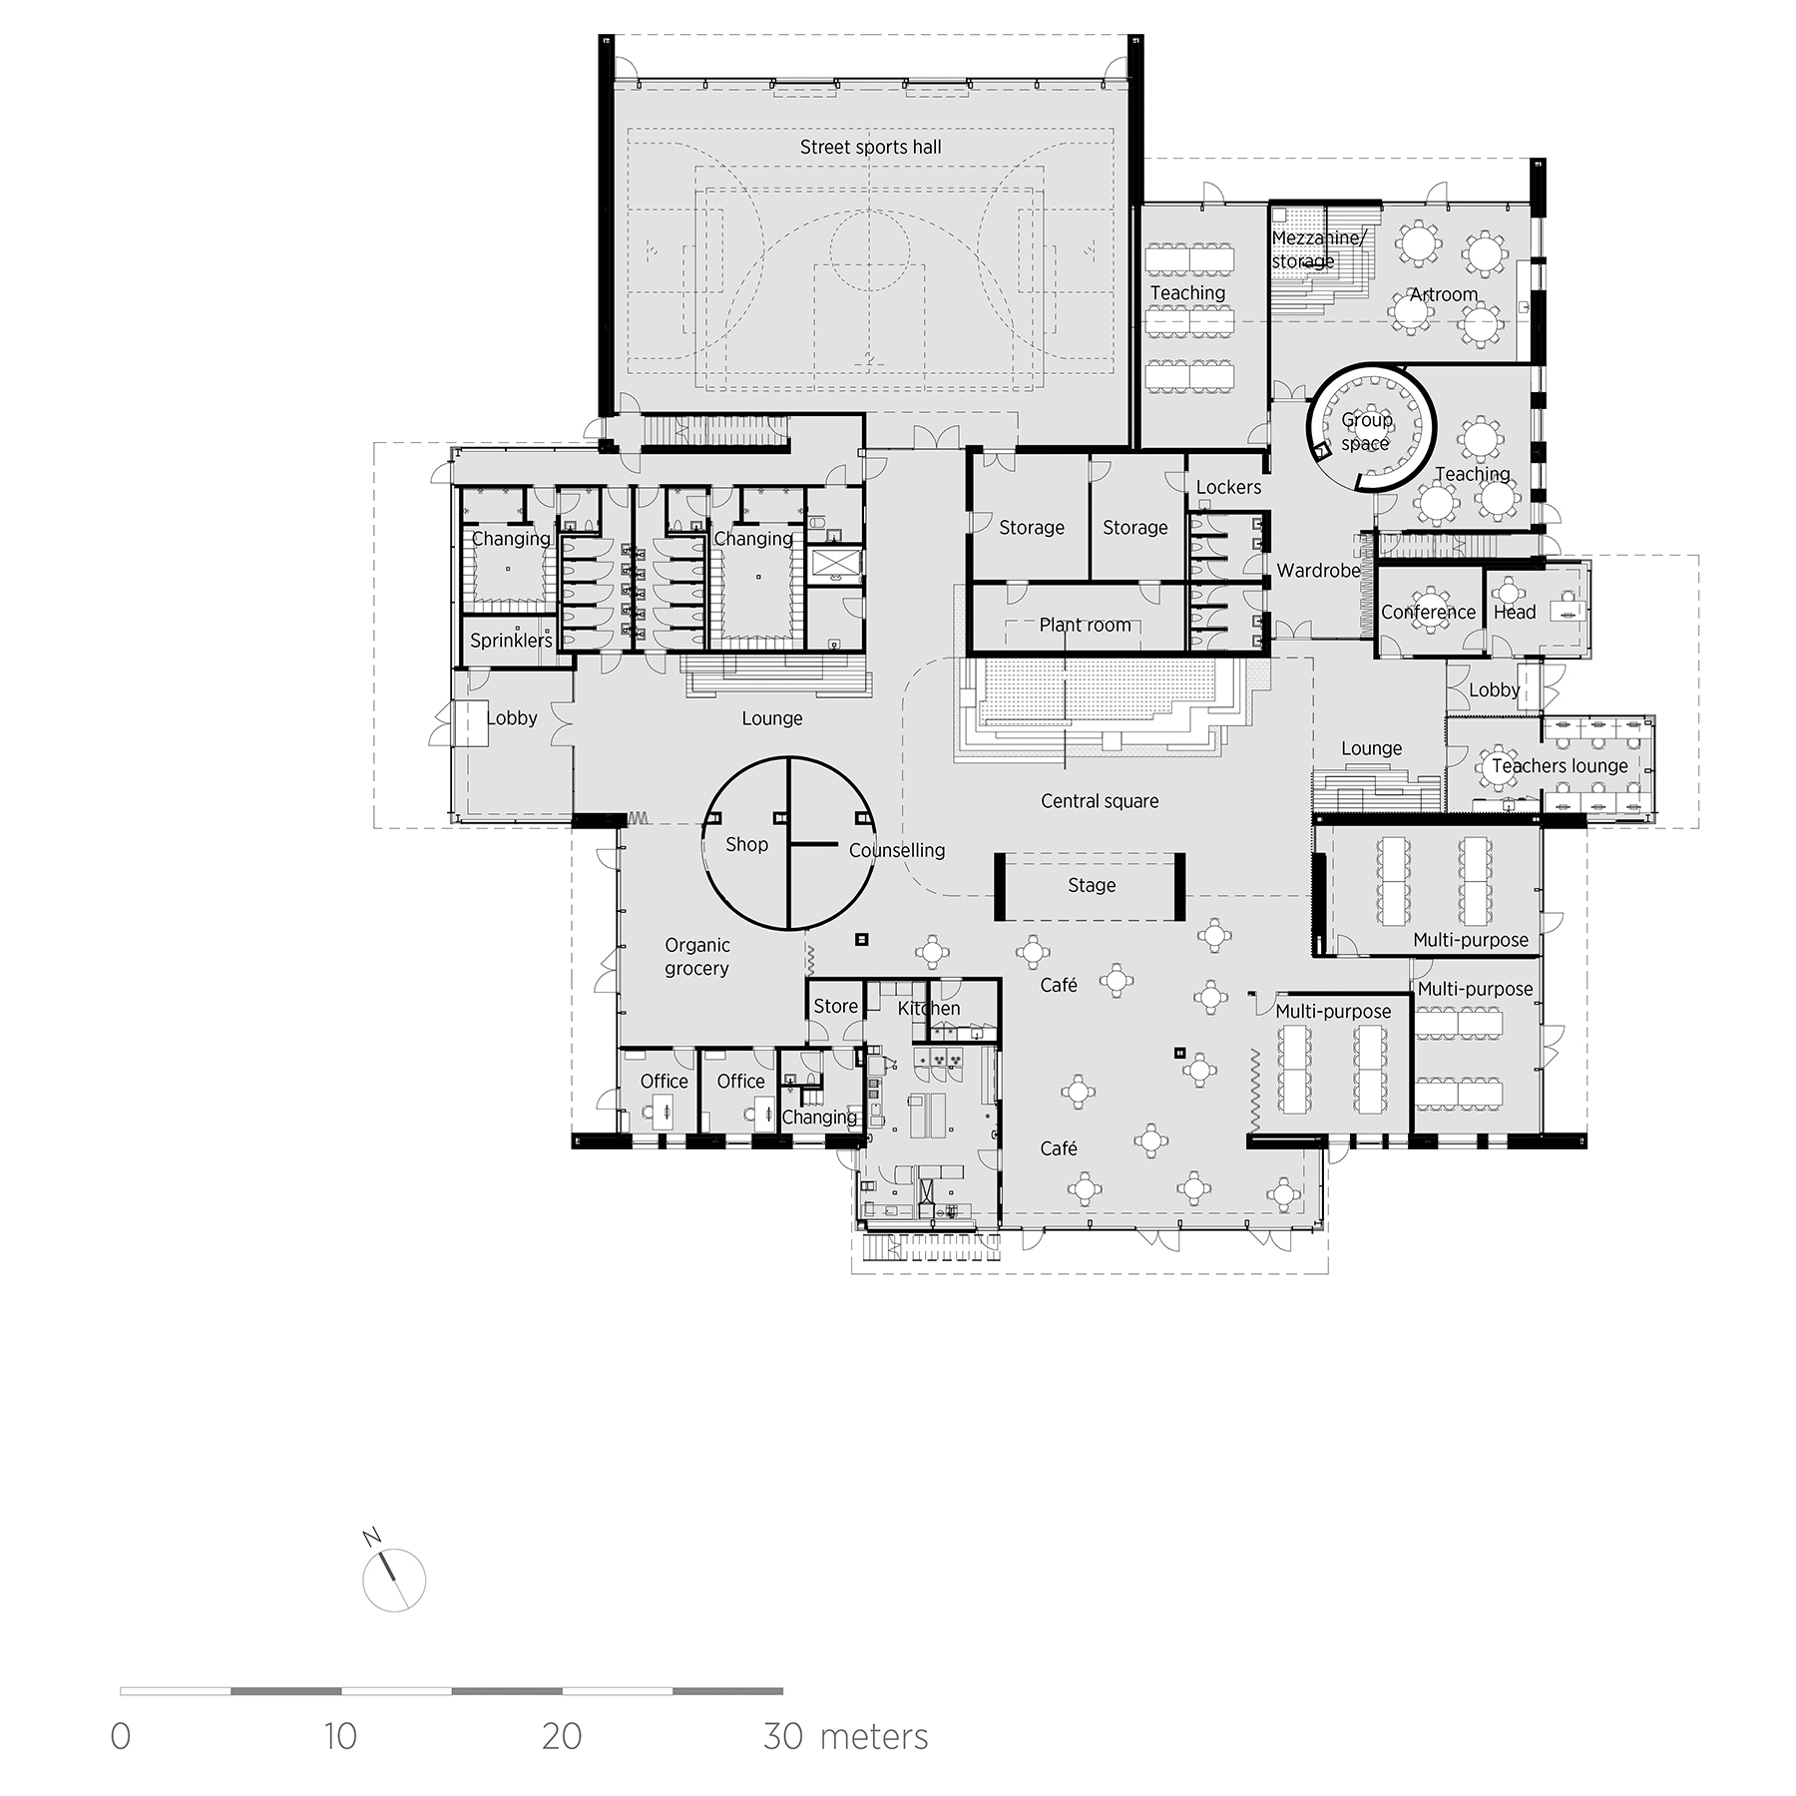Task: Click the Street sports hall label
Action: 870,148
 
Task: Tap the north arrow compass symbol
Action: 393,1579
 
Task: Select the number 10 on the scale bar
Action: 340,1737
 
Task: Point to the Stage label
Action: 1091,886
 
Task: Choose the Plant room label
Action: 1085,626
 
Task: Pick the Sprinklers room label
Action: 511,641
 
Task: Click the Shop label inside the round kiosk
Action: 746,845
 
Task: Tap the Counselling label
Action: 896,851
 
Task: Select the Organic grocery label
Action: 696,957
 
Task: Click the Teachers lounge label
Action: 1559,766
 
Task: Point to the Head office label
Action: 1514,613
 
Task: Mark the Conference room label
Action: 1427,613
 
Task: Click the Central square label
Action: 1099,801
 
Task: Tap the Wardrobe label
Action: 1318,571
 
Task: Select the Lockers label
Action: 1228,488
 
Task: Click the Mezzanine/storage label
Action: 1316,249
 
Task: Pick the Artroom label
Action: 1443,295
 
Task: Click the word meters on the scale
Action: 873,1737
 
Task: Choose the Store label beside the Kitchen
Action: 835,1007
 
